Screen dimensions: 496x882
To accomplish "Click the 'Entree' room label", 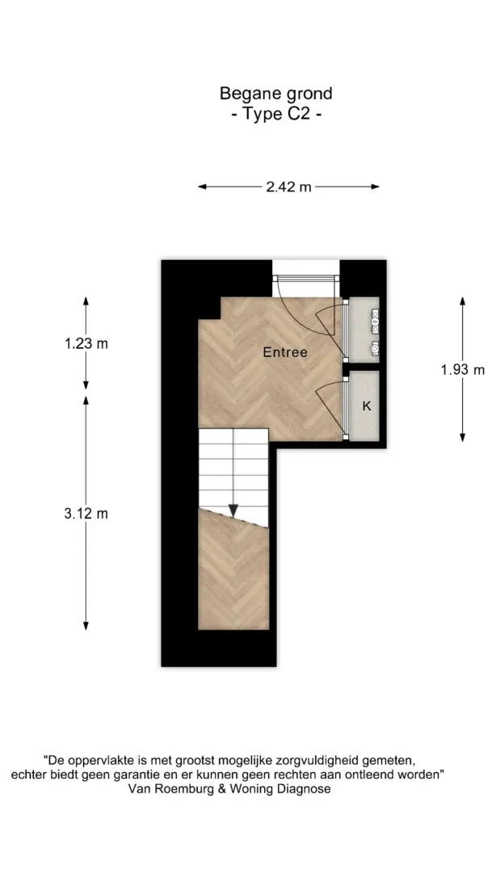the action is point(285,353).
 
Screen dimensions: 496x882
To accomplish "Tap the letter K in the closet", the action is point(367,405).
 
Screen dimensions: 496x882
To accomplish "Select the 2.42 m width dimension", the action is point(288,187).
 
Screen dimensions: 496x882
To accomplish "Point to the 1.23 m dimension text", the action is point(86,344).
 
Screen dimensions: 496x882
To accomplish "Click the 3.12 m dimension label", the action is point(86,514).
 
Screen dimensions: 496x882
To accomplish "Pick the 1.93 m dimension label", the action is point(463,370).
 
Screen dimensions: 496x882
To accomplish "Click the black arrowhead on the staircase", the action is point(233,510).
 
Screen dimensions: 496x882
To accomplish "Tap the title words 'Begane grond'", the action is point(276,93).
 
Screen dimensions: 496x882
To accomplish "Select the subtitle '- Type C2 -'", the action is point(277,114).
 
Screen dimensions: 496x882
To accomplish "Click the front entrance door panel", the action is point(306,278).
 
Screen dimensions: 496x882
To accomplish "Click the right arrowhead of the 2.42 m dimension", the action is point(375,187).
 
